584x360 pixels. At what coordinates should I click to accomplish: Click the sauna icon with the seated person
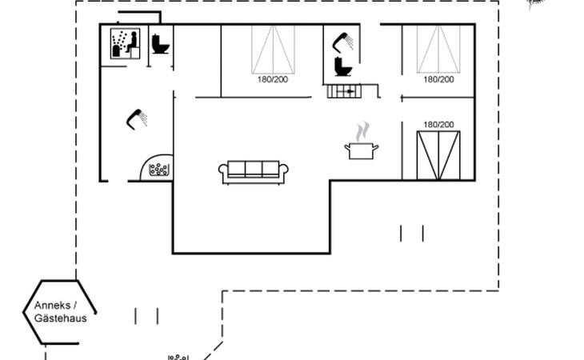[x=125, y=43]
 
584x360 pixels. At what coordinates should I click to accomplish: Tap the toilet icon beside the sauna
[x=161, y=44]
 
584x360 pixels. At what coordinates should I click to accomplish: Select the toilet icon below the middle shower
[x=342, y=66]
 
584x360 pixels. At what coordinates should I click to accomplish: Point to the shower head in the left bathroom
[x=137, y=119]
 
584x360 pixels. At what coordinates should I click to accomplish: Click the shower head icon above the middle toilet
[x=342, y=42]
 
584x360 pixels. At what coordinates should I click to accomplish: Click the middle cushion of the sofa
[x=254, y=169]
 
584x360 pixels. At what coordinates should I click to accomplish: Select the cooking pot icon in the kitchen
[x=362, y=150]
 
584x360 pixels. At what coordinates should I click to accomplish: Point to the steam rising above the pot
[x=362, y=132]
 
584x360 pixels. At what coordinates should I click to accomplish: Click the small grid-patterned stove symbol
[x=344, y=91]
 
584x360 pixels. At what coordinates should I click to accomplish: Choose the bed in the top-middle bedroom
[x=273, y=50]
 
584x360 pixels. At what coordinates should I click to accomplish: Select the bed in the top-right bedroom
[x=438, y=49]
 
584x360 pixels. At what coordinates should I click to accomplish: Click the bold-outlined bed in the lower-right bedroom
[x=438, y=155]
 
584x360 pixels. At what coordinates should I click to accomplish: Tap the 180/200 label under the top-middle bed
[x=273, y=79]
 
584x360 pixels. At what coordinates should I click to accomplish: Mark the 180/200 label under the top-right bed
[x=438, y=79]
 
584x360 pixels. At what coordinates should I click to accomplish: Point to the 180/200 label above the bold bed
[x=438, y=124]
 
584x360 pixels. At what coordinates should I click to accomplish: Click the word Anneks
[x=52, y=306]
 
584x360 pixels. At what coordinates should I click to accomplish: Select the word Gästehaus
[x=60, y=318]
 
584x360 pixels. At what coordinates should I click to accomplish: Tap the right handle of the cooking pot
[x=375, y=148]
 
